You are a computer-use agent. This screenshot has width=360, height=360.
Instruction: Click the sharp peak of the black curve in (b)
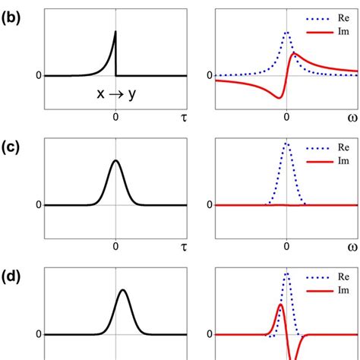click(115, 31)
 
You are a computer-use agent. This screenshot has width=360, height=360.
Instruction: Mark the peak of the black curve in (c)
click(115, 160)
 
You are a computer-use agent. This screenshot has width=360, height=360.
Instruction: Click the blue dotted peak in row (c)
click(286, 143)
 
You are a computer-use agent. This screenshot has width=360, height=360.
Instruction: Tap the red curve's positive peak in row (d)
click(280, 305)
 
